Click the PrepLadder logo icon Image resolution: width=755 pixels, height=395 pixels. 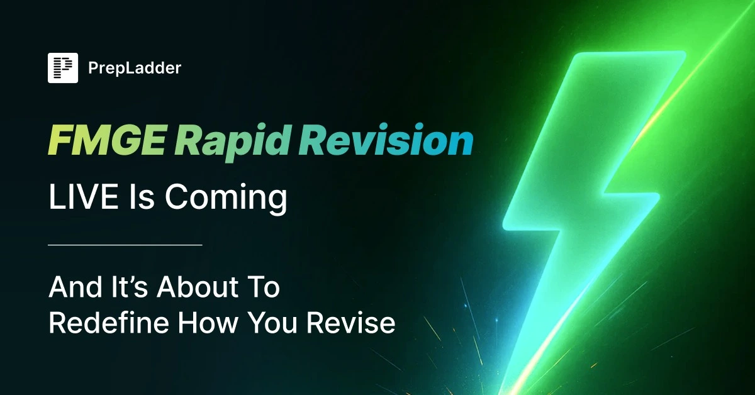tap(63, 68)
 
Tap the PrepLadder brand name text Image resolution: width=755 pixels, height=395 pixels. tap(135, 69)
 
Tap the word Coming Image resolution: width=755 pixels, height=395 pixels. tap(226, 199)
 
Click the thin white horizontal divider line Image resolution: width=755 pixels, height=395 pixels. tap(125, 245)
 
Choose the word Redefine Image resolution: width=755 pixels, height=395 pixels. tap(109, 323)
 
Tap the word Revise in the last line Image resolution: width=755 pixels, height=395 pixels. tap(351, 323)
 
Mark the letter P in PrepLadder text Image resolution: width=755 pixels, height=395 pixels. tap(92, 68)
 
